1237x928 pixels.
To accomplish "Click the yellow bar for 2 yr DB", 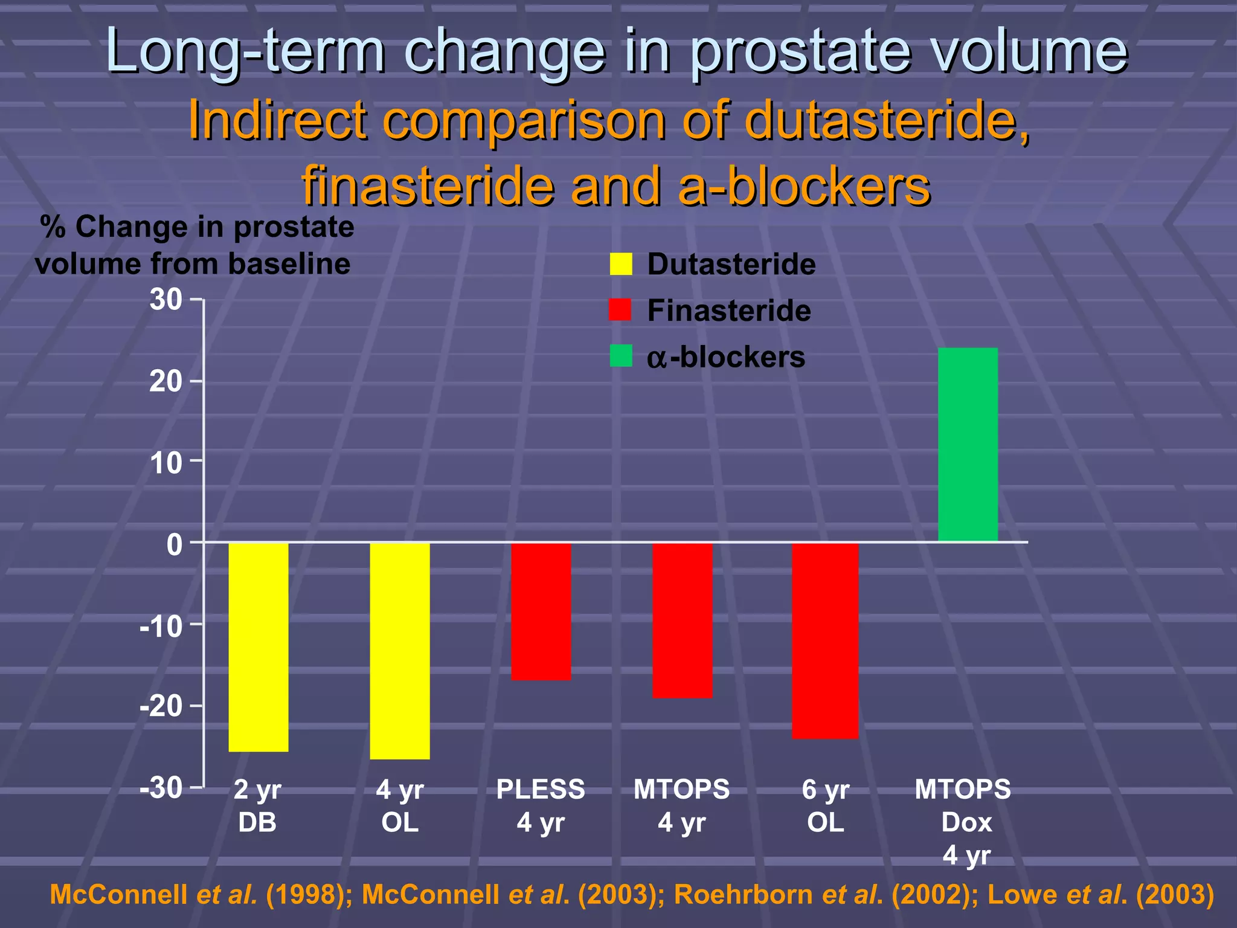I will [x=259, y=646].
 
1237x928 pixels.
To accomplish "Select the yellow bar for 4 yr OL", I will [x=400, y=650].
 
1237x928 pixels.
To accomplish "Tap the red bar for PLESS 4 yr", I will [x=541, y=611].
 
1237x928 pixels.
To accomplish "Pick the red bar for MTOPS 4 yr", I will [x=683, y=620].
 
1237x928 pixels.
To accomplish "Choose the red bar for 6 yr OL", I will [x=825, y=640].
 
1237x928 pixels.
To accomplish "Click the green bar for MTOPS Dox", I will [x=968, y=444].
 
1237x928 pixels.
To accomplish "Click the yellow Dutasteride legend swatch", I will [x=620, y=264].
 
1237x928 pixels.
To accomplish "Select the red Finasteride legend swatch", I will [x=620, y=310].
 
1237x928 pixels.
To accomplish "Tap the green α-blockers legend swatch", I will [x=620, y=356].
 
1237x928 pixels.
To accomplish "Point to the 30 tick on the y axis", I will [x=166, y=300].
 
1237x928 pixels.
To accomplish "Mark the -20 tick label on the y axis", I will [x=161, y=706].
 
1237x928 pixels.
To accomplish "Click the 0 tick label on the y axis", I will [x=175, y=544].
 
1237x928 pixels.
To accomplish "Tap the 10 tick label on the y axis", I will [x=166, y=463].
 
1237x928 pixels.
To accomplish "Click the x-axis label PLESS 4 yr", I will [x=541, y=805].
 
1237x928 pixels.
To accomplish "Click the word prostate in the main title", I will [x=799, y=51].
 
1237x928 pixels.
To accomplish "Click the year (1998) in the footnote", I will [x=306, y=895].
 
